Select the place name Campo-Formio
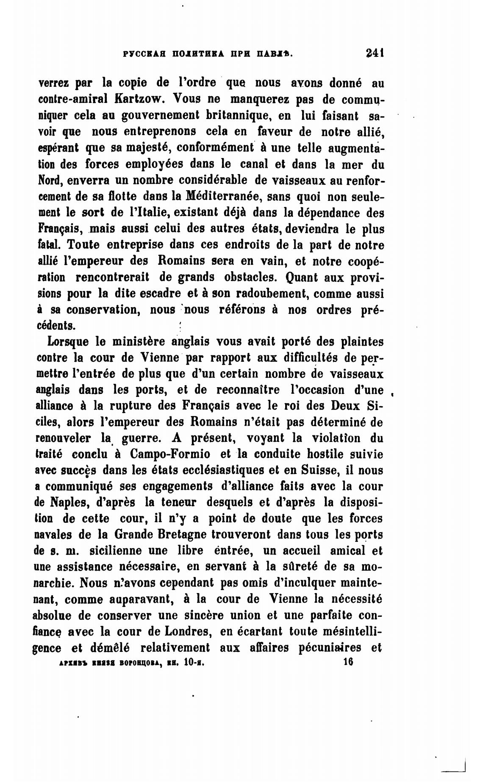pyautogui.click(x=170, y=454)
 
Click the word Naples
pyautogui.click(x=69, y=502)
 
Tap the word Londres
pyautogui.click(x=185, y=632)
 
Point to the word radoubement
pyautogui.click(x=270, y=294)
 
